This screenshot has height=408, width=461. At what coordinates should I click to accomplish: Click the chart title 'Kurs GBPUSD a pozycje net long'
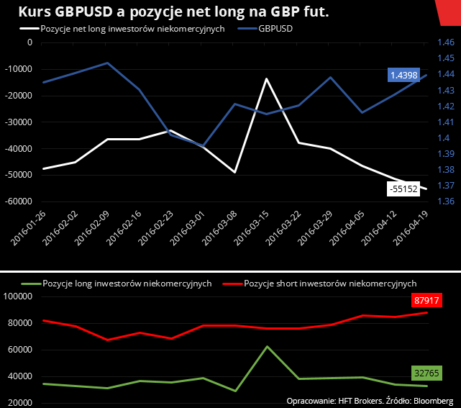(170, 12)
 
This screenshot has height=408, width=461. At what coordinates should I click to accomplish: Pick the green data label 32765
(426, 373)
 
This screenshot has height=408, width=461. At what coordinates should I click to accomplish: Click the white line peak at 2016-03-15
(266, 78)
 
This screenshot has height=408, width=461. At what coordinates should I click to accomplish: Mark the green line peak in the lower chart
(267, 347)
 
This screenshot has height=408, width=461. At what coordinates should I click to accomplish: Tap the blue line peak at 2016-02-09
(108, 63)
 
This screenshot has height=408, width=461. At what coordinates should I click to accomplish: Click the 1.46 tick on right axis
(445, 43)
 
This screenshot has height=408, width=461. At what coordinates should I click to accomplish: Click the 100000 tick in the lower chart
(19, 296)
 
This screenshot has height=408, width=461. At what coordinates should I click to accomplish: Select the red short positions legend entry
(330, 284)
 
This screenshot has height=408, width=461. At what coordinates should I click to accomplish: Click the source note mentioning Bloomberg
(369, 399)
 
